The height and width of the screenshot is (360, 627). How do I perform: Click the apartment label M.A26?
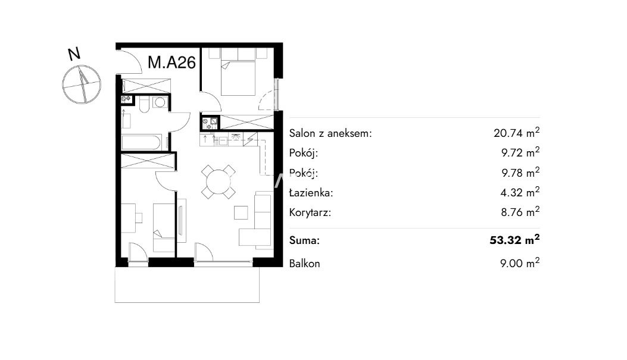[x=171, y=62]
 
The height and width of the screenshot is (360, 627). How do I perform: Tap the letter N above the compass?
[x=74, y=54]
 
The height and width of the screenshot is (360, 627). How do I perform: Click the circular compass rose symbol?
[x=82, y=84]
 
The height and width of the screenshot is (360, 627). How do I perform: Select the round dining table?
[x=219, y=182]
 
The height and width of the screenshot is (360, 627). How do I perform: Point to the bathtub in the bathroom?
[x=141, y=142]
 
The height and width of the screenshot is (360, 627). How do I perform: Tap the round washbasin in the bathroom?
[x=160, y=102]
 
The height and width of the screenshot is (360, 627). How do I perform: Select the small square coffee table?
[x=241, y=212]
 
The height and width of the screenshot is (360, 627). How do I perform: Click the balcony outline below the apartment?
[x=187, y=284]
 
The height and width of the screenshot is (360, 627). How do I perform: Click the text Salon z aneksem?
[x=330, y=133]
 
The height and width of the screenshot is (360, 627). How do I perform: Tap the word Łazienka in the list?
[x=311, y=193]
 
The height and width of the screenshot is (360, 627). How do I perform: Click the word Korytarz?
[x=310, y=212]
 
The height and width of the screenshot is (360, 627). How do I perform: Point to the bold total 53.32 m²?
[x=514, y=240]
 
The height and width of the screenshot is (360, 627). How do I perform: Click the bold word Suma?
[x=304, y=240]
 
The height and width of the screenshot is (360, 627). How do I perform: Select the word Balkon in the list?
[x=304, y=264]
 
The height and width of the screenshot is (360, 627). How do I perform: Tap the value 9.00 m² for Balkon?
[x=520, y=263]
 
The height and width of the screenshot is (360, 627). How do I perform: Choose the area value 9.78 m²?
[x=520, y=172]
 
